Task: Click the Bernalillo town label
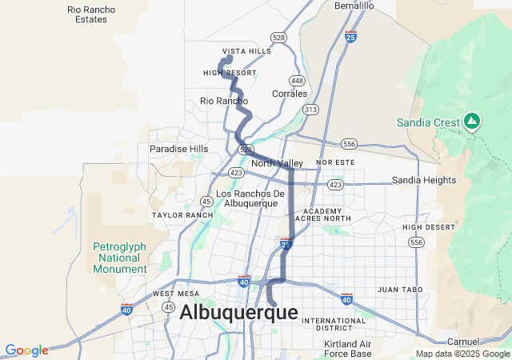[354, 6]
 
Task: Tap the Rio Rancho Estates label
[91, 14]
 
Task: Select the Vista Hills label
[246, 51]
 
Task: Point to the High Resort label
[230, 73]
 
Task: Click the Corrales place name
[290, 94]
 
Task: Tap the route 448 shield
[297, 81]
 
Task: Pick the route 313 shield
[310, 109]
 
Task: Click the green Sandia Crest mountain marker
[472, 122]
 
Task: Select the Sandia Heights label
[423, 181]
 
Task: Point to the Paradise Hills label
[178, 149]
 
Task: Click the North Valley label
[276, 163]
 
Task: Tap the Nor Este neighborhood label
[334, 162]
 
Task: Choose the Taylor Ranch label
[177, 215]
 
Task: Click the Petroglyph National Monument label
[119, 258]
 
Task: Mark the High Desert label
[422, 227]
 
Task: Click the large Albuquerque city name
[238, 313]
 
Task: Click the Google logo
[26, 350]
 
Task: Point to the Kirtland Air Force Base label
[347, 349]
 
